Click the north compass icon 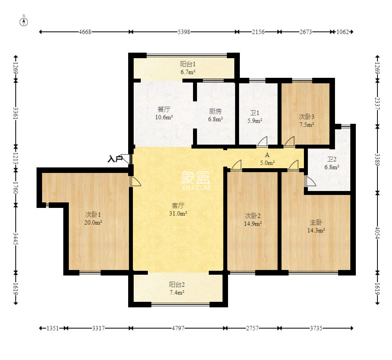(x=24, y=22)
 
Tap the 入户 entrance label (x=115, y=159)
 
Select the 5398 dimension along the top (x=184, y=32)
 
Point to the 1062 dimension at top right (x=342, y=32)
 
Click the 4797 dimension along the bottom (x=178, y=328)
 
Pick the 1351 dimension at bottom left (x=53, y=328)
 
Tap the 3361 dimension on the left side (x=16, y=113)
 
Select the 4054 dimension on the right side (x=377, y=233)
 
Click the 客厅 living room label (x=178, y=206)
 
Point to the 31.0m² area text (x=178, y=213)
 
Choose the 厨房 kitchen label (x=215, y=111)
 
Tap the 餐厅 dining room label (x=164, y=109)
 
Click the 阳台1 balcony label (x=188, y=64)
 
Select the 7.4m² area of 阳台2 (x=177, y=292)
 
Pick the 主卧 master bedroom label (x=316, y=222)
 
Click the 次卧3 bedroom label (x=307, y=117)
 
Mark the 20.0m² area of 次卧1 (x=93, y=222)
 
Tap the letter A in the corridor (x=267, y=155)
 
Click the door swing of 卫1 (x=262, y=141)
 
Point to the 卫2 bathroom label (x=332, y=159)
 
